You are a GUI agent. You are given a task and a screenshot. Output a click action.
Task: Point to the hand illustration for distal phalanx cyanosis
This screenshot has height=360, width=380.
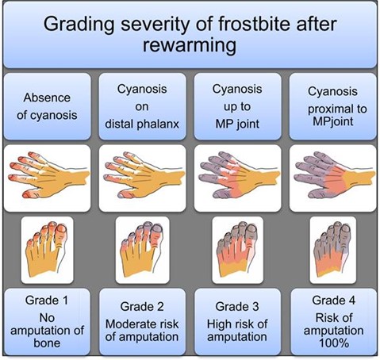click(x=143, y=177)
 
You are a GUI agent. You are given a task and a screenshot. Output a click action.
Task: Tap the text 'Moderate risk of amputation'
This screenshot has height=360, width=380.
click(x=144, y=330)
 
